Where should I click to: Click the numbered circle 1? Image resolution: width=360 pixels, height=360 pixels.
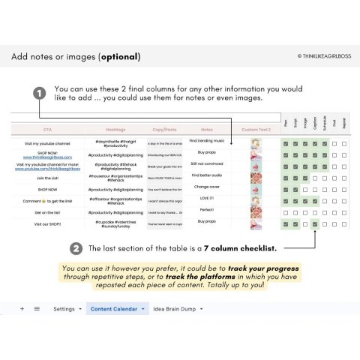coord(39,94)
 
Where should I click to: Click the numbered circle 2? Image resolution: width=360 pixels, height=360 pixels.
coord(76,248)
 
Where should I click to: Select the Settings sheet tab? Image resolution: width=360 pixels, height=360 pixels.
coord(64,308)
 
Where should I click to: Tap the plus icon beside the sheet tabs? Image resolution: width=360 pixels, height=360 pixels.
coord(22,308)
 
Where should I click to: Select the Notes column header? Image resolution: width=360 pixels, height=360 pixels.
coord(208,128)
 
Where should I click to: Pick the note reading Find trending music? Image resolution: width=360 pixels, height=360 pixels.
coord(208,140)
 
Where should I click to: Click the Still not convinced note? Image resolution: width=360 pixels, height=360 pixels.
coord(208,163)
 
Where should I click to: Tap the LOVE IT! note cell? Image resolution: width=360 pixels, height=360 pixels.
coord(208,198)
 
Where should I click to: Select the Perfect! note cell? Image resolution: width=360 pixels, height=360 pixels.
coord(208,210)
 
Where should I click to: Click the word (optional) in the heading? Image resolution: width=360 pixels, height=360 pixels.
coord(119,57)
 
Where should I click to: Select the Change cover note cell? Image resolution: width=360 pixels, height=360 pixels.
coord(208,186)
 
